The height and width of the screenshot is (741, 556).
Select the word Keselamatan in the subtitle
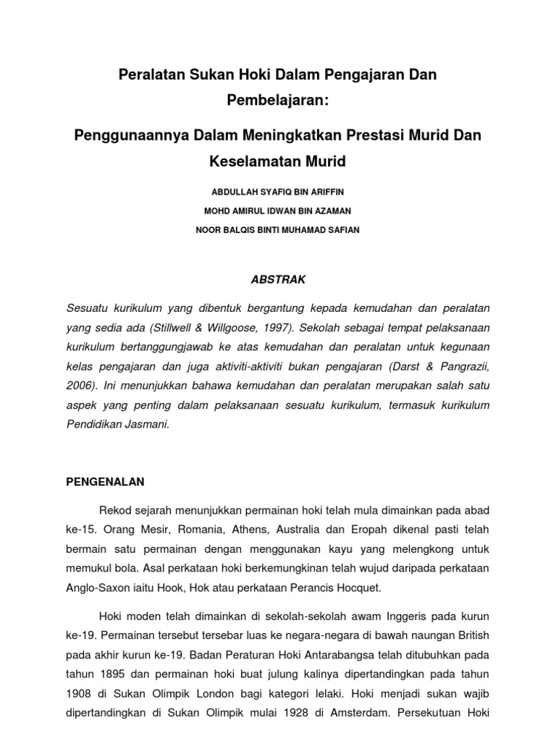(249, 161)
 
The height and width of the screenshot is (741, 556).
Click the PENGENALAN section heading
(106, 480)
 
